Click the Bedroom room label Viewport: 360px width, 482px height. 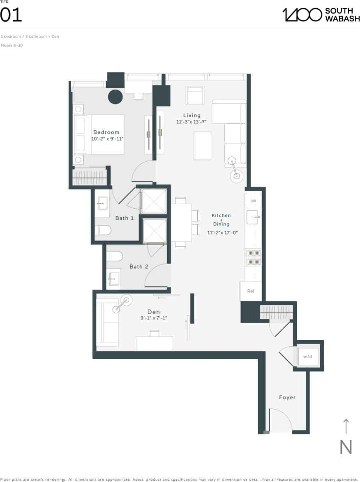(106, 132)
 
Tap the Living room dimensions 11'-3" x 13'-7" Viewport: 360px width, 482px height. (192, 122)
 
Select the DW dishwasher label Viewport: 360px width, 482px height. (253, 201)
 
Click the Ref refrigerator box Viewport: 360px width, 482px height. (251, 291)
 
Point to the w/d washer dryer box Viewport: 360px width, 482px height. (308, 356)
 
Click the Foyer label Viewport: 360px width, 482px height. (287, 397)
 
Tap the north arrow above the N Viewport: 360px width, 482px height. (346, 427)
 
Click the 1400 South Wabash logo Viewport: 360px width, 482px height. (321, 15)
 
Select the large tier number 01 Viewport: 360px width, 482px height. (11, 16)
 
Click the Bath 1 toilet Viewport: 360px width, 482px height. (103, 230)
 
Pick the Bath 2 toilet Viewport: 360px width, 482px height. (115, 256)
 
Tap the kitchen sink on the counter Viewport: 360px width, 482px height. (253, 216)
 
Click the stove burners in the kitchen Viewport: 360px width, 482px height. (253, 257)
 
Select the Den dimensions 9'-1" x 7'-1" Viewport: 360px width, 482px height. (154, 318)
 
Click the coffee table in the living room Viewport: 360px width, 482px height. (203, 145)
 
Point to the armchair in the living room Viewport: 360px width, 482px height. (195, 96)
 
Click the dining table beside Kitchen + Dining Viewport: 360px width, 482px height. (181, 223)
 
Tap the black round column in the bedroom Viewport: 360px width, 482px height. (115, 97)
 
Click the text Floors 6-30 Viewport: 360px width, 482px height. (12, 46)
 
